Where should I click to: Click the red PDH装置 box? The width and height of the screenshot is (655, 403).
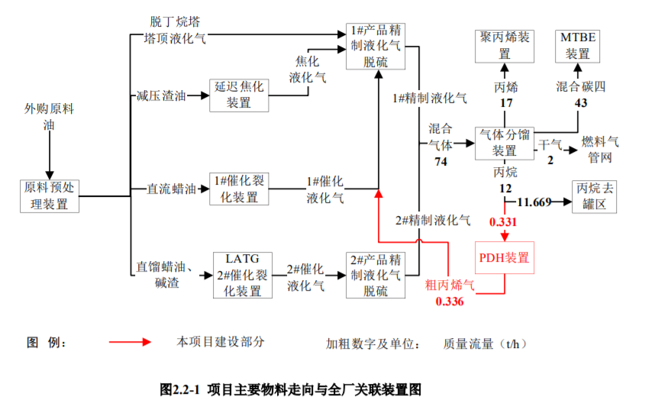click(x=504, y=258)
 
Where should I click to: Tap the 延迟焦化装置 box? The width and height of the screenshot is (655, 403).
click(x=240, y=95)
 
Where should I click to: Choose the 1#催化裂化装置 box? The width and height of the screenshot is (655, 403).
click(x=240, y=189)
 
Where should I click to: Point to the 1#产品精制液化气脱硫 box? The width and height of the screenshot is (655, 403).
click(x=374, y=46)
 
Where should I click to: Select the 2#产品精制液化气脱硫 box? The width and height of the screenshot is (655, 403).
click(x=374, y=275)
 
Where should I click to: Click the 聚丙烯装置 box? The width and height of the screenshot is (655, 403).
click(x=505, y=46)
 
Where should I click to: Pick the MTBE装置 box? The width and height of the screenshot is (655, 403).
click(x=578, y=46)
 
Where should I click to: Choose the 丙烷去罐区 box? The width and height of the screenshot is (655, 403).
click(x=594, y=196)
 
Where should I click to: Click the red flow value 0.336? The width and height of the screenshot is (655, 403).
click(x=450, y=301)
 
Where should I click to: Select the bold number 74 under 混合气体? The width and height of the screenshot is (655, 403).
click(x=440, y=161)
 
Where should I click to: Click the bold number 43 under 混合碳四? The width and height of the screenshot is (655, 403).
click(x=581, y=103)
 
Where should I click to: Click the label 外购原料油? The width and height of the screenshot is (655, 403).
click(x=50, y=118)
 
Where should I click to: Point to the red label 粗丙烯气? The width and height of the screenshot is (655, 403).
click(x=450, y=286)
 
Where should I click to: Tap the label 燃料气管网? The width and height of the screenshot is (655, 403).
click(x=601, y=150)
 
